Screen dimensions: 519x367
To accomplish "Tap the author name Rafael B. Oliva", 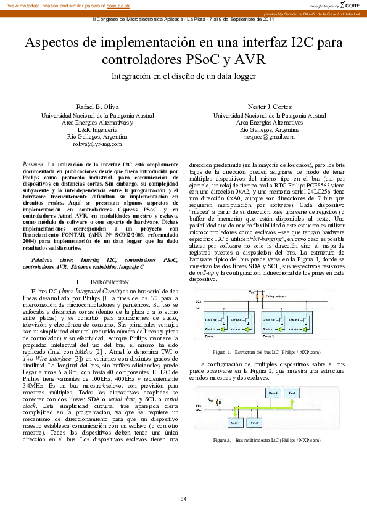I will (97, 106).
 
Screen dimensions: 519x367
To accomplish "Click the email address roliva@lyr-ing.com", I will (97, 144).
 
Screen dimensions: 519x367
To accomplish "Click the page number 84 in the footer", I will (183, 498).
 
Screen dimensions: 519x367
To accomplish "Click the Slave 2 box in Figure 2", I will (292, 392).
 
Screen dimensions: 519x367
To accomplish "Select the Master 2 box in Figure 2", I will (273, 392).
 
